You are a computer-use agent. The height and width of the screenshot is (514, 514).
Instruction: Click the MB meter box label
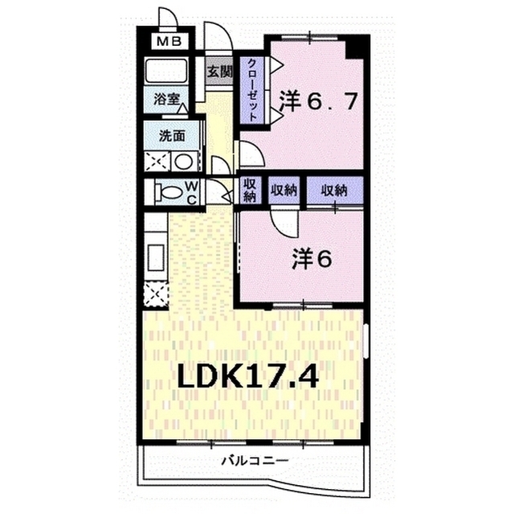coord(169,42)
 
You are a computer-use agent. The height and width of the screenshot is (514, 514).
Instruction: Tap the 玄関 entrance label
coord(219,72)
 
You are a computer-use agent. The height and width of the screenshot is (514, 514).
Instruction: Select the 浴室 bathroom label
coord(166,99)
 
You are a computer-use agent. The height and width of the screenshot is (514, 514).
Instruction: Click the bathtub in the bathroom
coord(166,71)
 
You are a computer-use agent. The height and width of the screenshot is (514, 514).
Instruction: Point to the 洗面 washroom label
coord(172,136)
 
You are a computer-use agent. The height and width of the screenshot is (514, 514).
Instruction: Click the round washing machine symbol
coord(183,161)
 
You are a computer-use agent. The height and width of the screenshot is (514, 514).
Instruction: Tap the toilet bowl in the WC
coord(169,192)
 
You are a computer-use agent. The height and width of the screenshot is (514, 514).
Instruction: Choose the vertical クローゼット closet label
coord(251,89)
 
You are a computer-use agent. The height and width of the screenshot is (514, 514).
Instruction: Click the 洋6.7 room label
coord(318,101)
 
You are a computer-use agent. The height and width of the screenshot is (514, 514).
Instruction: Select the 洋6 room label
coord(312,259)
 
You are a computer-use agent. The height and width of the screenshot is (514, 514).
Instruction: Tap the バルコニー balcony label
coord(255,460)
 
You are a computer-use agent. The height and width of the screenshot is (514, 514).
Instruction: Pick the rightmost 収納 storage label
coord(334,190)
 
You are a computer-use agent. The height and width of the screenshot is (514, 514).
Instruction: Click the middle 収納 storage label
coord(284,190)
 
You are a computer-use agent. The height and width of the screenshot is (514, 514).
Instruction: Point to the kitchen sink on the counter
coord(156,257)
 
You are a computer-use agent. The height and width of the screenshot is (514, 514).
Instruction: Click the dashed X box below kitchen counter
coord(156,295)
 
